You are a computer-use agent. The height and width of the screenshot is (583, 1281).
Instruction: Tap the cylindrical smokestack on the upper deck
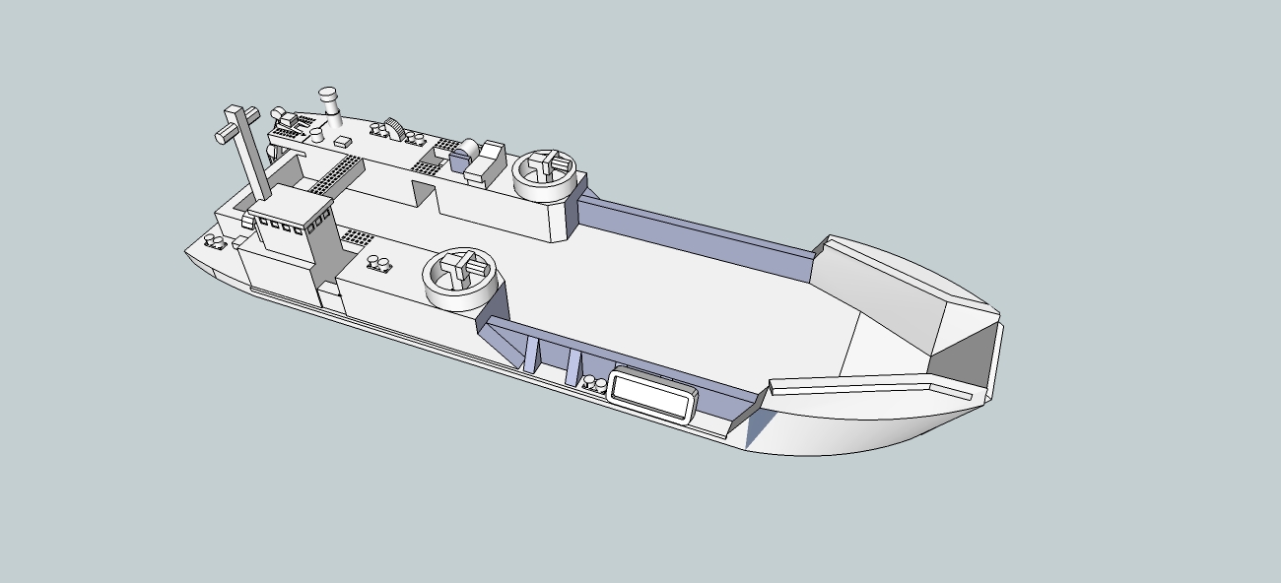[329, 104]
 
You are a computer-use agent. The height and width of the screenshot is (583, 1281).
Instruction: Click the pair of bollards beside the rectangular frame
[594, 384]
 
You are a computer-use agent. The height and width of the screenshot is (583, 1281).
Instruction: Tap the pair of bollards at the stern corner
[213, 242]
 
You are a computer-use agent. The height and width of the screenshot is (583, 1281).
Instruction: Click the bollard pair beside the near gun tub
[377, 263]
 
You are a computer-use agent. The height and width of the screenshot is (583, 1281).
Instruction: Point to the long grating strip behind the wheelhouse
[333, 174]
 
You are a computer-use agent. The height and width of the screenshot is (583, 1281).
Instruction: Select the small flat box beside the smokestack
[343, 142]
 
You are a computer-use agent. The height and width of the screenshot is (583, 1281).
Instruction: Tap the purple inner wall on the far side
[690, 228]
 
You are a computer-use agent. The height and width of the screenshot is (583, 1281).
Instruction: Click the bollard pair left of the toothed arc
[378, 129]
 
